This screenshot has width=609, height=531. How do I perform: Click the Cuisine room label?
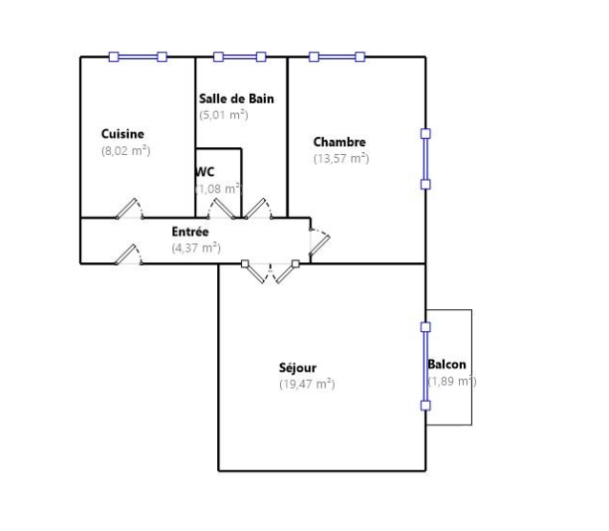[122, 134]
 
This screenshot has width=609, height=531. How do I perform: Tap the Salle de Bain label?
[236, 99]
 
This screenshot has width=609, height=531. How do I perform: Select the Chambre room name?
[339, 142]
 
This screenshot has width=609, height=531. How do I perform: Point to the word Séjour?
[297, 367]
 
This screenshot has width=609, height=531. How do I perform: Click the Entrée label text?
[190, 232]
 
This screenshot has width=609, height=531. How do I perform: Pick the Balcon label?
[446, 365]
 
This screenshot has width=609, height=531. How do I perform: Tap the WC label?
[205, 172]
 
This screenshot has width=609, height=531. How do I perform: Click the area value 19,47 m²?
[307, 384]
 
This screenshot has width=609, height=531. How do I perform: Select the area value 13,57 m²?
[341, 158]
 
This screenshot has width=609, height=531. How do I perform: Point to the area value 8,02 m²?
[126, 150]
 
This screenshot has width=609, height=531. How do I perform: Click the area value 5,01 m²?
[224, 115]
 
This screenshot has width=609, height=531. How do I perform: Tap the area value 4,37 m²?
[196, 248]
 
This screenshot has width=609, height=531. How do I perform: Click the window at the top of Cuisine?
[138, 57]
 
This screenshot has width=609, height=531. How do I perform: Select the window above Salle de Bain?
[240, 57]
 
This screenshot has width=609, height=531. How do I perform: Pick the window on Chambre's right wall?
[425, 159]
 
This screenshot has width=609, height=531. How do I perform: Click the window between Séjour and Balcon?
[425, 366]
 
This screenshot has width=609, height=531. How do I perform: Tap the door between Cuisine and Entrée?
[130, 210]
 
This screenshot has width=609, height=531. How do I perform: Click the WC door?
[221, 210]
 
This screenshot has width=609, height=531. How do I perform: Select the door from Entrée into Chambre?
[319, 242]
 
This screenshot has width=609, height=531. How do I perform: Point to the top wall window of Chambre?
[337, 57]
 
